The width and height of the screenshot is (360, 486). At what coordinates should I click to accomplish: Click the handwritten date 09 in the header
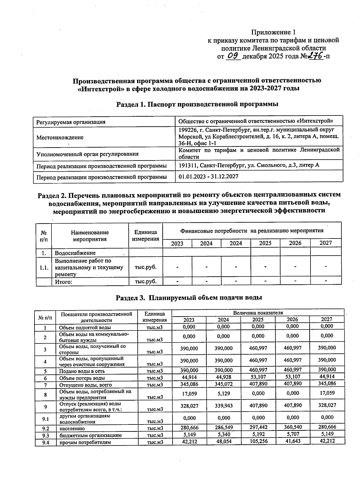(x=233, y=56)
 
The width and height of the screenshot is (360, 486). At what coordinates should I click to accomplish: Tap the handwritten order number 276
(x=315, y=55)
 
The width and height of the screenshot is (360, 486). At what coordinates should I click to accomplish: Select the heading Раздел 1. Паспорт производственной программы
(x=197, y=104)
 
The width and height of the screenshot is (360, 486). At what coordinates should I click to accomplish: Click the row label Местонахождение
(x=60, y=137)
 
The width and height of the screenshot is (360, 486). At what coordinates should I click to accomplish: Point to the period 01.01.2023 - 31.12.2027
(x=208, y=176)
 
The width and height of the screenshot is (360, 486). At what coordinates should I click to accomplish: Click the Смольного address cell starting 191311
(x=249, y=165)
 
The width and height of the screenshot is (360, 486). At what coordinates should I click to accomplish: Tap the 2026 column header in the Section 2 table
(x=295, y=243)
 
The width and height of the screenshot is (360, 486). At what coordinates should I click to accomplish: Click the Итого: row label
(x=64, y=282)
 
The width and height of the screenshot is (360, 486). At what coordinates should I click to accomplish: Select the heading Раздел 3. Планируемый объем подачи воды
(x=189, y=298)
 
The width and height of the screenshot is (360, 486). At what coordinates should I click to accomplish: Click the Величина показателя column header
(x=258, y=313)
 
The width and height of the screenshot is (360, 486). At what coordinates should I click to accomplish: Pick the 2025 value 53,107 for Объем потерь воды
(x=258, y=377)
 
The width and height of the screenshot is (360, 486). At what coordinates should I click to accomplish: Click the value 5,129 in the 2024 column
(x=223, y=393)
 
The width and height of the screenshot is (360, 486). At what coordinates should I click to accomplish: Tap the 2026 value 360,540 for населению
(x=292, y=427)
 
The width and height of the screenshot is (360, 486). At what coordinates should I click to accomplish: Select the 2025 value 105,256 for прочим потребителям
(x=258, y=441)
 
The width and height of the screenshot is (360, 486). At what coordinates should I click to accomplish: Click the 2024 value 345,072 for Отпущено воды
(x=223, y=384)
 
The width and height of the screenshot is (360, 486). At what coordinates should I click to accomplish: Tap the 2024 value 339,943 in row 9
(x=223, y=406)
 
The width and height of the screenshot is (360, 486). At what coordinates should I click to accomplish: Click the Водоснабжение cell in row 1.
(x=75, y=253)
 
